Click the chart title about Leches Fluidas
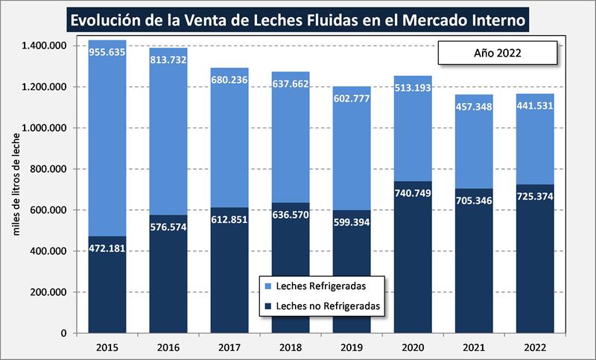point(297,18)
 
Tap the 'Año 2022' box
point(497,53)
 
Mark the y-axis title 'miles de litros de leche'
point(16,190)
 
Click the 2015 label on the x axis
point(107,347)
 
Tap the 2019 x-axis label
point(352,347)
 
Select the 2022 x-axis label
point(535,347)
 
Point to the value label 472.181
point(107,247)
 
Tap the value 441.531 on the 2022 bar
point(535,105)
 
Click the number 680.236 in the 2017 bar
point(229,80)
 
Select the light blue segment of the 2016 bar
point(168,142)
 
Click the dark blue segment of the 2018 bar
point(291,276)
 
